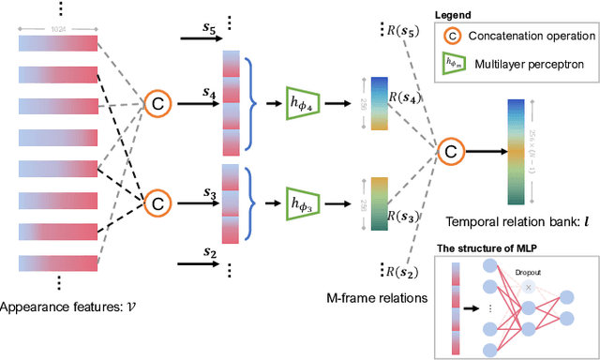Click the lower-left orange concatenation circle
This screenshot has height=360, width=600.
pyautogui.click(x=157, y=201)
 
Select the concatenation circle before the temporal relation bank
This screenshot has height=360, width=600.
pyautogui.click(x=452, y=150)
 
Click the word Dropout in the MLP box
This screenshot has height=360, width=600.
pyautogui.click(x=527, y=272)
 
